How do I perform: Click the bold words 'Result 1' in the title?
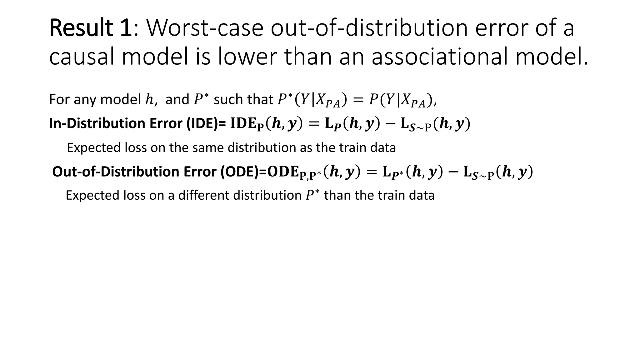click(90, 28)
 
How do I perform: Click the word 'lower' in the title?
click(247, 57)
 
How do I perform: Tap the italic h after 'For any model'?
click(150, 100)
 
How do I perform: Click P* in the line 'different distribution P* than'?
click(312, 195)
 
